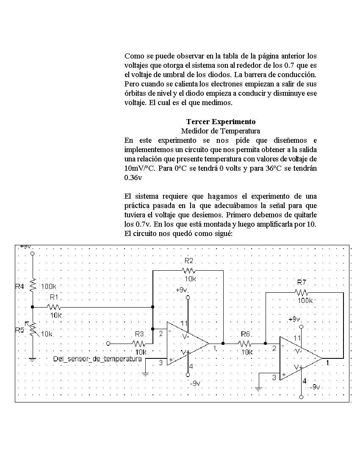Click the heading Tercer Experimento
(x=221, y=122)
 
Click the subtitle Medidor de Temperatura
(x=220, y=131)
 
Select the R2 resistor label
(x=188, y=261)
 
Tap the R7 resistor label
(x=302, y=282)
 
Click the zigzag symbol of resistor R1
(x=54, y=307)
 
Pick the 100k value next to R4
(x=48, y=286)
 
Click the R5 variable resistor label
(x=19, y=330)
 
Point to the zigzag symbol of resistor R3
(x=139, y=344)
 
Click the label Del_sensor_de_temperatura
(x=97, y=359)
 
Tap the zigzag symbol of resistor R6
(x=245, y=344)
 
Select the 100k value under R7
(x=305, y=300)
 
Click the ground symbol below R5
(x=33, y=359)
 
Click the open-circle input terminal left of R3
(x=108, y=344)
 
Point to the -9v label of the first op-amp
(x=195, y=383)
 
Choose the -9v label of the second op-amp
(x=315, y=387)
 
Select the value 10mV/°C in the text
(x=140, y=168)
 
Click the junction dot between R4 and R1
(x=33, y=307)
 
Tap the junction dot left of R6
(x=223, y=344)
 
